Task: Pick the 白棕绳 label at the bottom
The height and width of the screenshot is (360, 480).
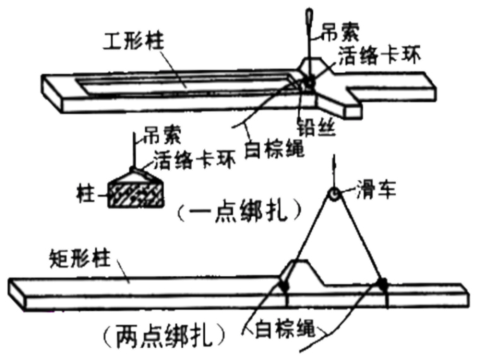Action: [287, 329]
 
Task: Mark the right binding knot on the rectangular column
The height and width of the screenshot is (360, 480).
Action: [383, 284]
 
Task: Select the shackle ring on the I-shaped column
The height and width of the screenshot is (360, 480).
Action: [309, 82]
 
